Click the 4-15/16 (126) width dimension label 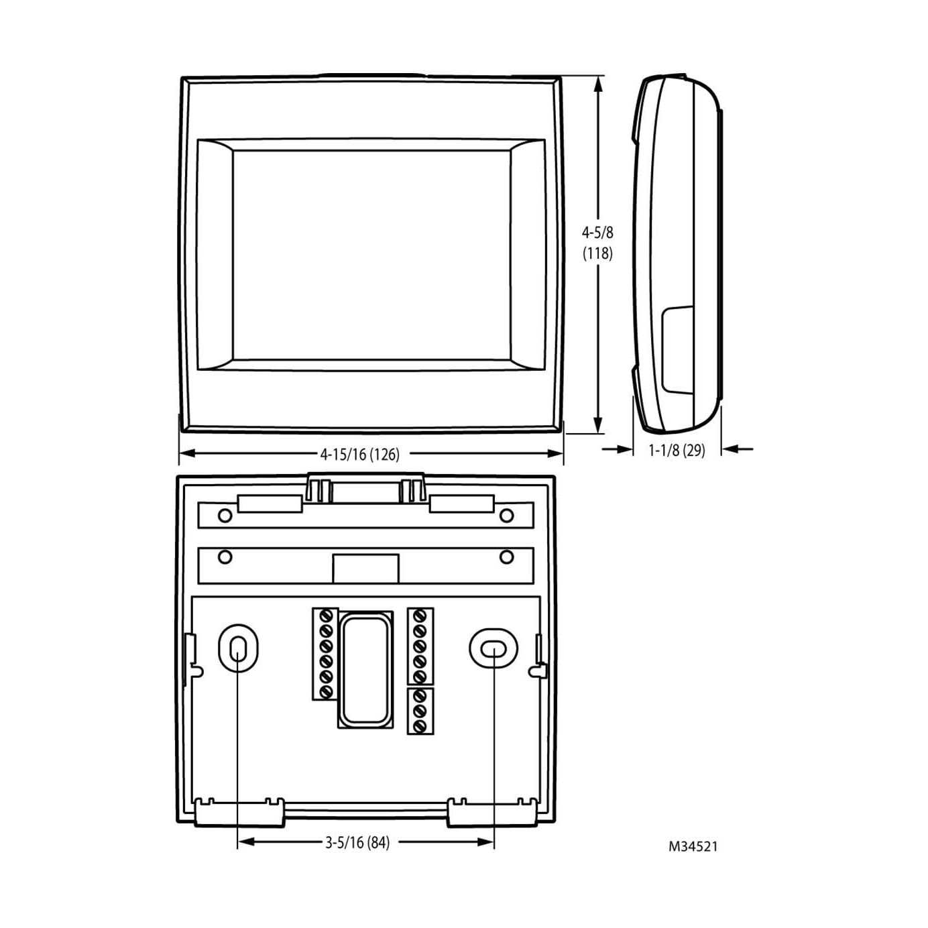point(359,455)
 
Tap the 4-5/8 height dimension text point(597,233)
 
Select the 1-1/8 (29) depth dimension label point(677,450)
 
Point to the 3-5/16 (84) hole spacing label point(357,842)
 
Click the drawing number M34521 point(693,846)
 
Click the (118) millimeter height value point(597,253)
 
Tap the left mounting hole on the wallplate point(237,648)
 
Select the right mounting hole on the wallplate point(493,648)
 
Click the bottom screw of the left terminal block point(327,691)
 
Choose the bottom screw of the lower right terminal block point(421,726)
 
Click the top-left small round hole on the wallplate point(226,515)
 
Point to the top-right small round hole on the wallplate point(507,515)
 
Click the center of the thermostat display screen point(371,255)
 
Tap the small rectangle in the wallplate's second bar point(365,569)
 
